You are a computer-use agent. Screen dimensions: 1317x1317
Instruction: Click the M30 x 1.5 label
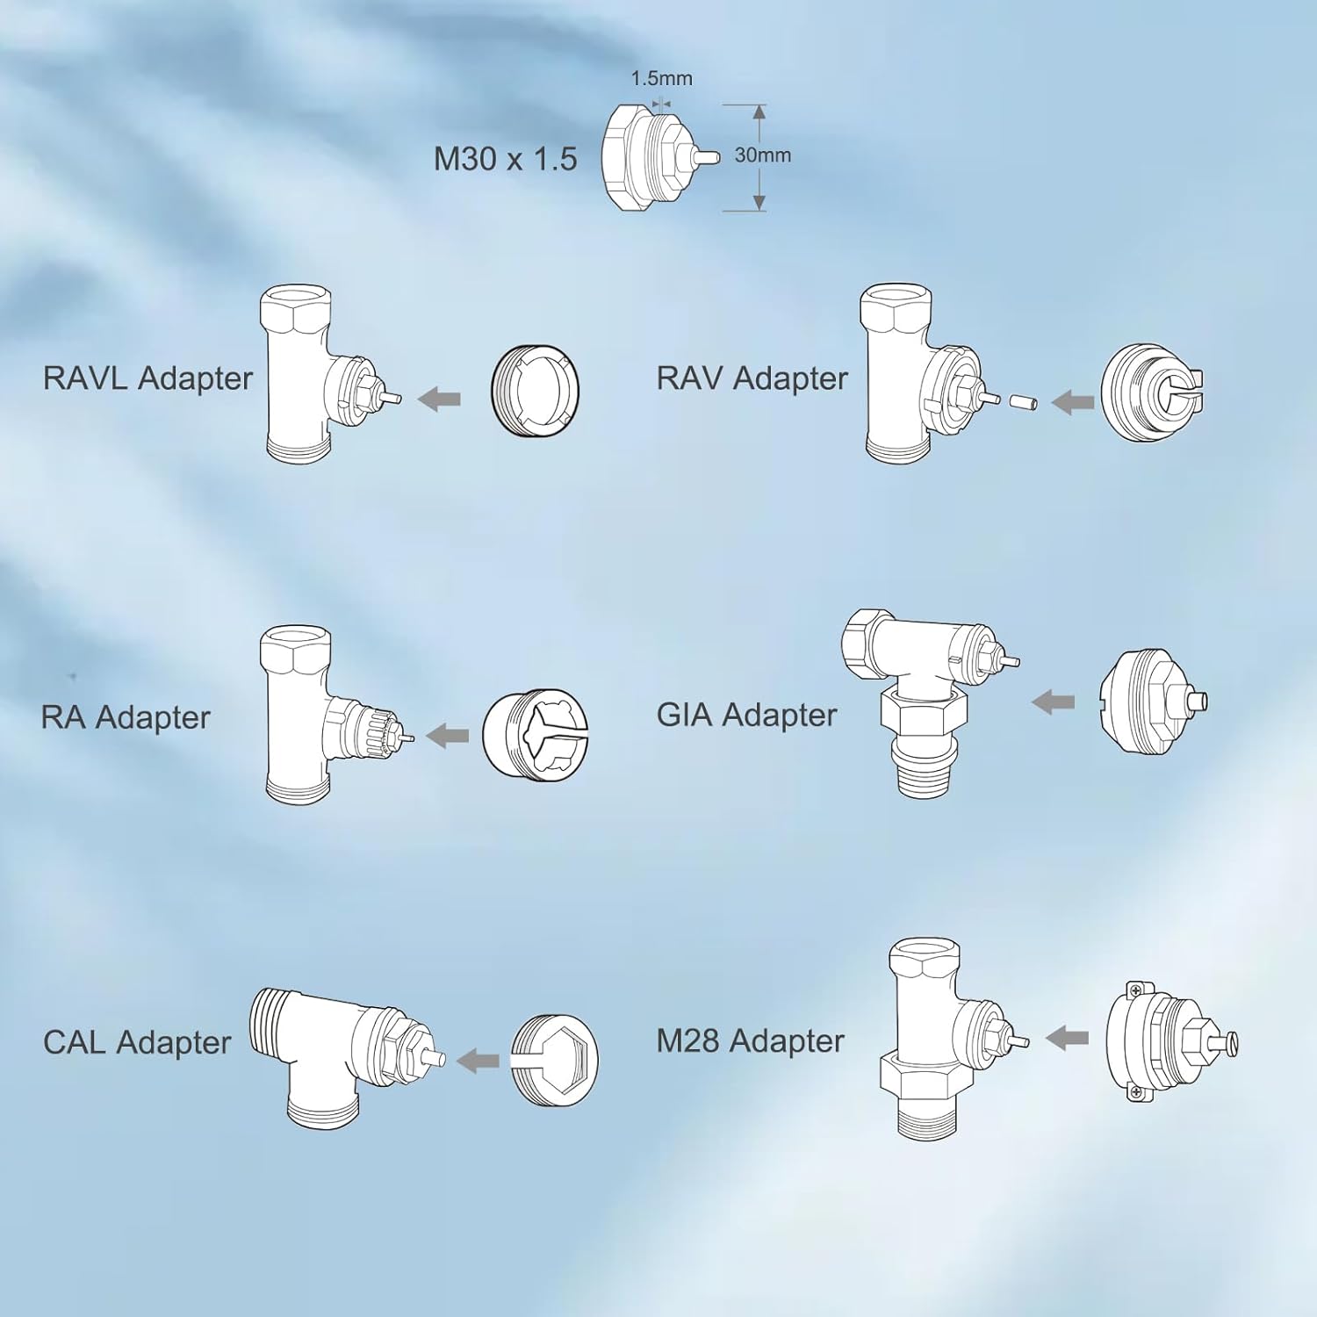[505, 159]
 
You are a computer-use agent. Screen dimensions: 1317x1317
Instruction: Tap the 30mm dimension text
[762, 155]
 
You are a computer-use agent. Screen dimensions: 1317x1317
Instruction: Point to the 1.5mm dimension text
[661, 78]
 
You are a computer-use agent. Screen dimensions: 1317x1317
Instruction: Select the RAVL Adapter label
[148, 378]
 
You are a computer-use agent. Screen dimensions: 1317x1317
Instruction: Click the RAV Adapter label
[752, 378]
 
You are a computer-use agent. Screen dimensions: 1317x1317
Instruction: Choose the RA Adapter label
[126, 717]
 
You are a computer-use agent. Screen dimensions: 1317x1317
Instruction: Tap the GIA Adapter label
[746, 715]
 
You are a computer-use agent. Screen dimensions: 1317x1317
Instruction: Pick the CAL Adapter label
[137, 1042]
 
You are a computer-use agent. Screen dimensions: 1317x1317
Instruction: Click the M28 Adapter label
[750, 1040]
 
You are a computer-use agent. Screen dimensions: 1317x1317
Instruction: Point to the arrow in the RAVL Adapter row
[439, 399]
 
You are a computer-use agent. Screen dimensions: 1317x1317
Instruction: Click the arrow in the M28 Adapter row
[1067, 1038]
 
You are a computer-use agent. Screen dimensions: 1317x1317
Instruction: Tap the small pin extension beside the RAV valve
[1024, 402]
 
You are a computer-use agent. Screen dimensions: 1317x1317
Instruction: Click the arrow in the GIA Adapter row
[1053, 702]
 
